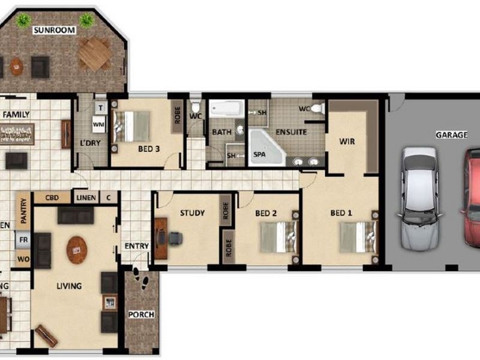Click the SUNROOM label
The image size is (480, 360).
[54, 30]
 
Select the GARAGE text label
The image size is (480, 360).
[451, 135]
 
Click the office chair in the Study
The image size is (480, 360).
[175, 238]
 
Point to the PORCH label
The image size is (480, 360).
[141, 314]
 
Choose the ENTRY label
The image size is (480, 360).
[136, 246]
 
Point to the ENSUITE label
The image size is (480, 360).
[291, 132]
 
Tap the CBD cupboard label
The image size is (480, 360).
[51, 197]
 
